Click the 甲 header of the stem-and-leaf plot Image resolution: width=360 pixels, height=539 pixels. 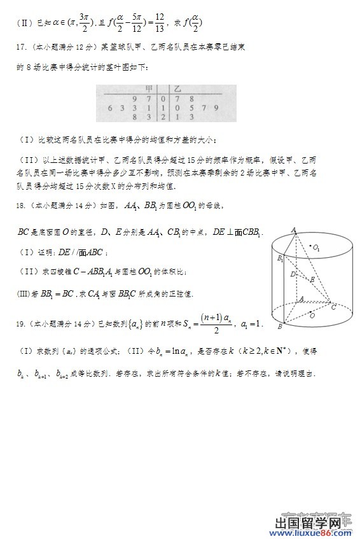(149, 90)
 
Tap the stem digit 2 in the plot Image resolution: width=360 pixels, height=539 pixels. (163, 117)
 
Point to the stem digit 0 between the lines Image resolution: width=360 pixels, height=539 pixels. (163, 99)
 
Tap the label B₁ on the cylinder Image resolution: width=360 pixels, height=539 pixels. (279, 258)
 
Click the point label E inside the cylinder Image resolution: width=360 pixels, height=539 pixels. (311, 279)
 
